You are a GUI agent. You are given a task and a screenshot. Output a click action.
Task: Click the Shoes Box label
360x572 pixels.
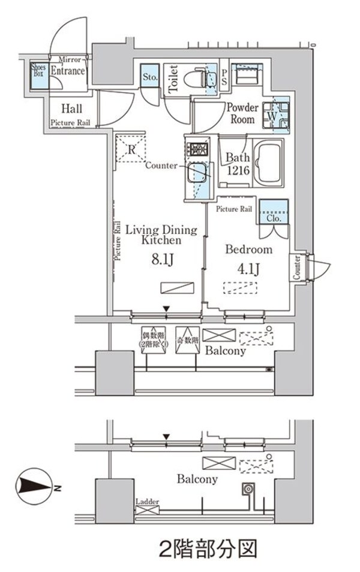point(38,71)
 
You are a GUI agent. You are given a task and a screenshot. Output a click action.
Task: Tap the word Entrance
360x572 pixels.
point(68,71)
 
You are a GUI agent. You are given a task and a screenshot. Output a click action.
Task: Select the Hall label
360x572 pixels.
point(72,109)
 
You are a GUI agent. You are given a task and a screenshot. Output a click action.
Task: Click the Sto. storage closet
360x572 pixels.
point(150,77)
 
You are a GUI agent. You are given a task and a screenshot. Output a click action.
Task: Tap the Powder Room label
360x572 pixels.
point(242,113)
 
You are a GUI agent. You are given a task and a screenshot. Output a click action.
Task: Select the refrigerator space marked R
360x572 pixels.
point(131,148)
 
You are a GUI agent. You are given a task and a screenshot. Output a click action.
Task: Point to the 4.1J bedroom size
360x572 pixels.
point(248,269)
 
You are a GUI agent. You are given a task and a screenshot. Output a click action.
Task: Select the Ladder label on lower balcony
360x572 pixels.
point(147,501)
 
